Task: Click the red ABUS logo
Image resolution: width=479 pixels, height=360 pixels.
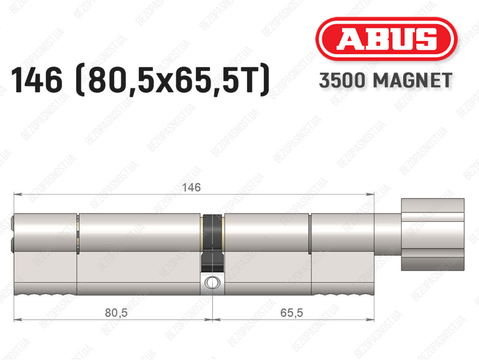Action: click(386, 39)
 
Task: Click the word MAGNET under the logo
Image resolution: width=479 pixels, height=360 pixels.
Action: click(413, 81)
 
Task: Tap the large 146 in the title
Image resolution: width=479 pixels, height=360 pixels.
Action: click(36, 80)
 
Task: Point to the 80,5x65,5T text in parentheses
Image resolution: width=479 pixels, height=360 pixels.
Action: click(173, 81)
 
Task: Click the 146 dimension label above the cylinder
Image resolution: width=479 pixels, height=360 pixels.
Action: click(191, 187)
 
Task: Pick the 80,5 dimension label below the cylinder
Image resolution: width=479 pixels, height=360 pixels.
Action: click(116, 313)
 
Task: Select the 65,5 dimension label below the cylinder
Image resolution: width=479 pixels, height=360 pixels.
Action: click(291, 313)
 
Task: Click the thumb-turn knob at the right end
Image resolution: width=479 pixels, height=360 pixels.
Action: click(433, 235)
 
